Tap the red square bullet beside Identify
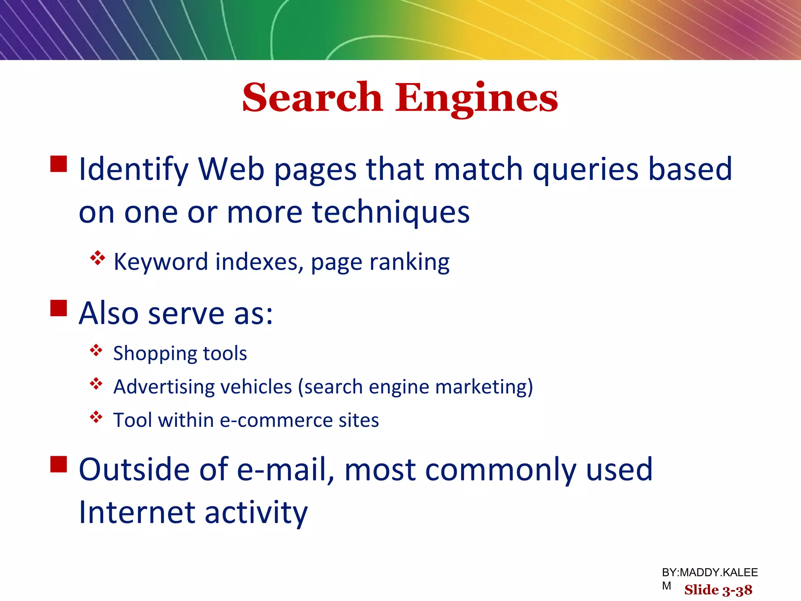[59, 164]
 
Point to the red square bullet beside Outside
[59, 464]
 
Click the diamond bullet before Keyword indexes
[97, 258]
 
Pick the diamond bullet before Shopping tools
[96, 350]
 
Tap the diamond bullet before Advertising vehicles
[96, 384]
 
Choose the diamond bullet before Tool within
[96, 417]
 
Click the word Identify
[133, 170]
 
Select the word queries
[585, 170]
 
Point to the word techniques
[391, 213]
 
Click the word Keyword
[160, 261]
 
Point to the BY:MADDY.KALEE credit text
[709, 572]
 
